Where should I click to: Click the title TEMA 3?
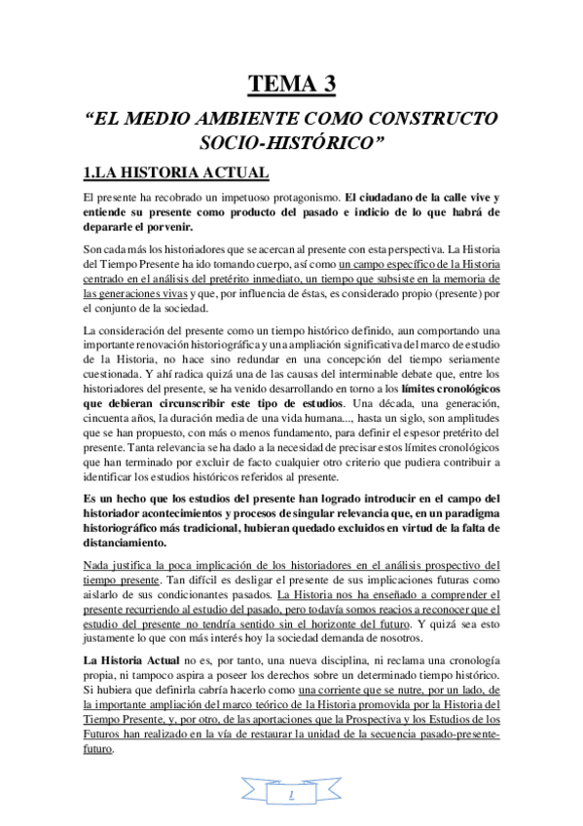tap(292, 84)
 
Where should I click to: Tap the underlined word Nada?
tap(97, 565)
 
